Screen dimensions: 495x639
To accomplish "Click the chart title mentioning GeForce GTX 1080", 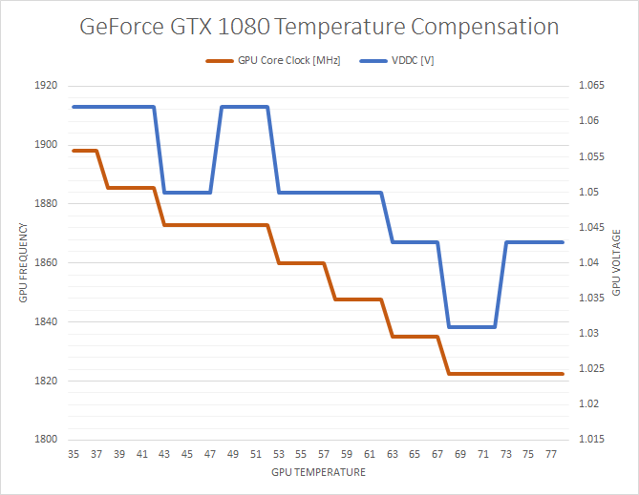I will click(319, 27).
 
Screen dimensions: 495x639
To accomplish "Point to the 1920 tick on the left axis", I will click(47, 86).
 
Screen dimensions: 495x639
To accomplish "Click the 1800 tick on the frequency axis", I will click(47, 440).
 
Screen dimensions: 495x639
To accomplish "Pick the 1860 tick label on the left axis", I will click(47, 263).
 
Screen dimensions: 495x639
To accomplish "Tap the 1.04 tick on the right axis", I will click(586, 263).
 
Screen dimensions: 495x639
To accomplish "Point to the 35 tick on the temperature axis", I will click(74, 455).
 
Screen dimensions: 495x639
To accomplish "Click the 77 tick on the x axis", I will click(551, 455).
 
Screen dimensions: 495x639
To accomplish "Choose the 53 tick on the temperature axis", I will click(278, 455).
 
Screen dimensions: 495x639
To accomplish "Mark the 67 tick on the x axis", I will click(437, 455).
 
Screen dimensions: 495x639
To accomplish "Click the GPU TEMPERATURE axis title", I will click(318, 472).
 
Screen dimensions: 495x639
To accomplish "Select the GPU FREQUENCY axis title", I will click(23, 263).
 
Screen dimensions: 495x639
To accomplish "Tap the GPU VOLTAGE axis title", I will click(617, 263).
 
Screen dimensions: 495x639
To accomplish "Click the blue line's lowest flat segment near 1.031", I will click(472, 326).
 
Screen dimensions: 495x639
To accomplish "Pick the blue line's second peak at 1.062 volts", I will click(245, 107).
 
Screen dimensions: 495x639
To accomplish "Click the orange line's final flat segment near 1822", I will click(506, 374).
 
